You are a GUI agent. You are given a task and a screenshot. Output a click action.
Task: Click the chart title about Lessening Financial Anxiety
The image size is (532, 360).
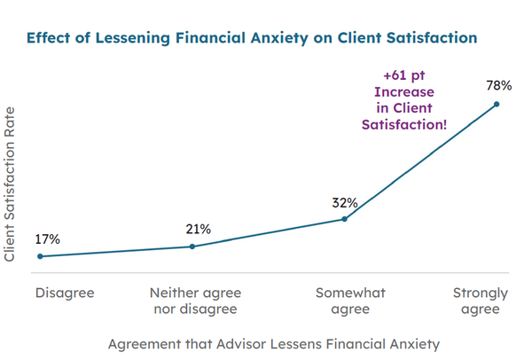252,38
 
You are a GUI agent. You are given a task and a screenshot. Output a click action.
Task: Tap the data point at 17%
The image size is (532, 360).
40,256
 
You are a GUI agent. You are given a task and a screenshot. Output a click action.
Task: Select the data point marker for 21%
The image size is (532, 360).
192,247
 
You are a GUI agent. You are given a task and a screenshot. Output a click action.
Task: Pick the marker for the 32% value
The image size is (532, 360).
344,218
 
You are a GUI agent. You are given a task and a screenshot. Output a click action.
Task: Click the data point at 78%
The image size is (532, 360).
497,104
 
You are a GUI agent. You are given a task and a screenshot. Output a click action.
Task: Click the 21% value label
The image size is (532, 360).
199,230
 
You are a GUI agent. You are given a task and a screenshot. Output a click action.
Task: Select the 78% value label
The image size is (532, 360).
499,87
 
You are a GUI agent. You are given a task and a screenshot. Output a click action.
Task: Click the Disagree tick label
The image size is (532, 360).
64,292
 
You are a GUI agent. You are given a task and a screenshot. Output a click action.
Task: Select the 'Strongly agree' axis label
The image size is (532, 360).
480,301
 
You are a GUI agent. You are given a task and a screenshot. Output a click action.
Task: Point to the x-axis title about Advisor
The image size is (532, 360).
273,341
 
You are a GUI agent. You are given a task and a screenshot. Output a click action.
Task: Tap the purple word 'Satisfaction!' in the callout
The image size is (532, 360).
404,125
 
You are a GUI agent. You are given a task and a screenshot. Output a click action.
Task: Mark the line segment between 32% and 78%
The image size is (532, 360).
420,161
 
